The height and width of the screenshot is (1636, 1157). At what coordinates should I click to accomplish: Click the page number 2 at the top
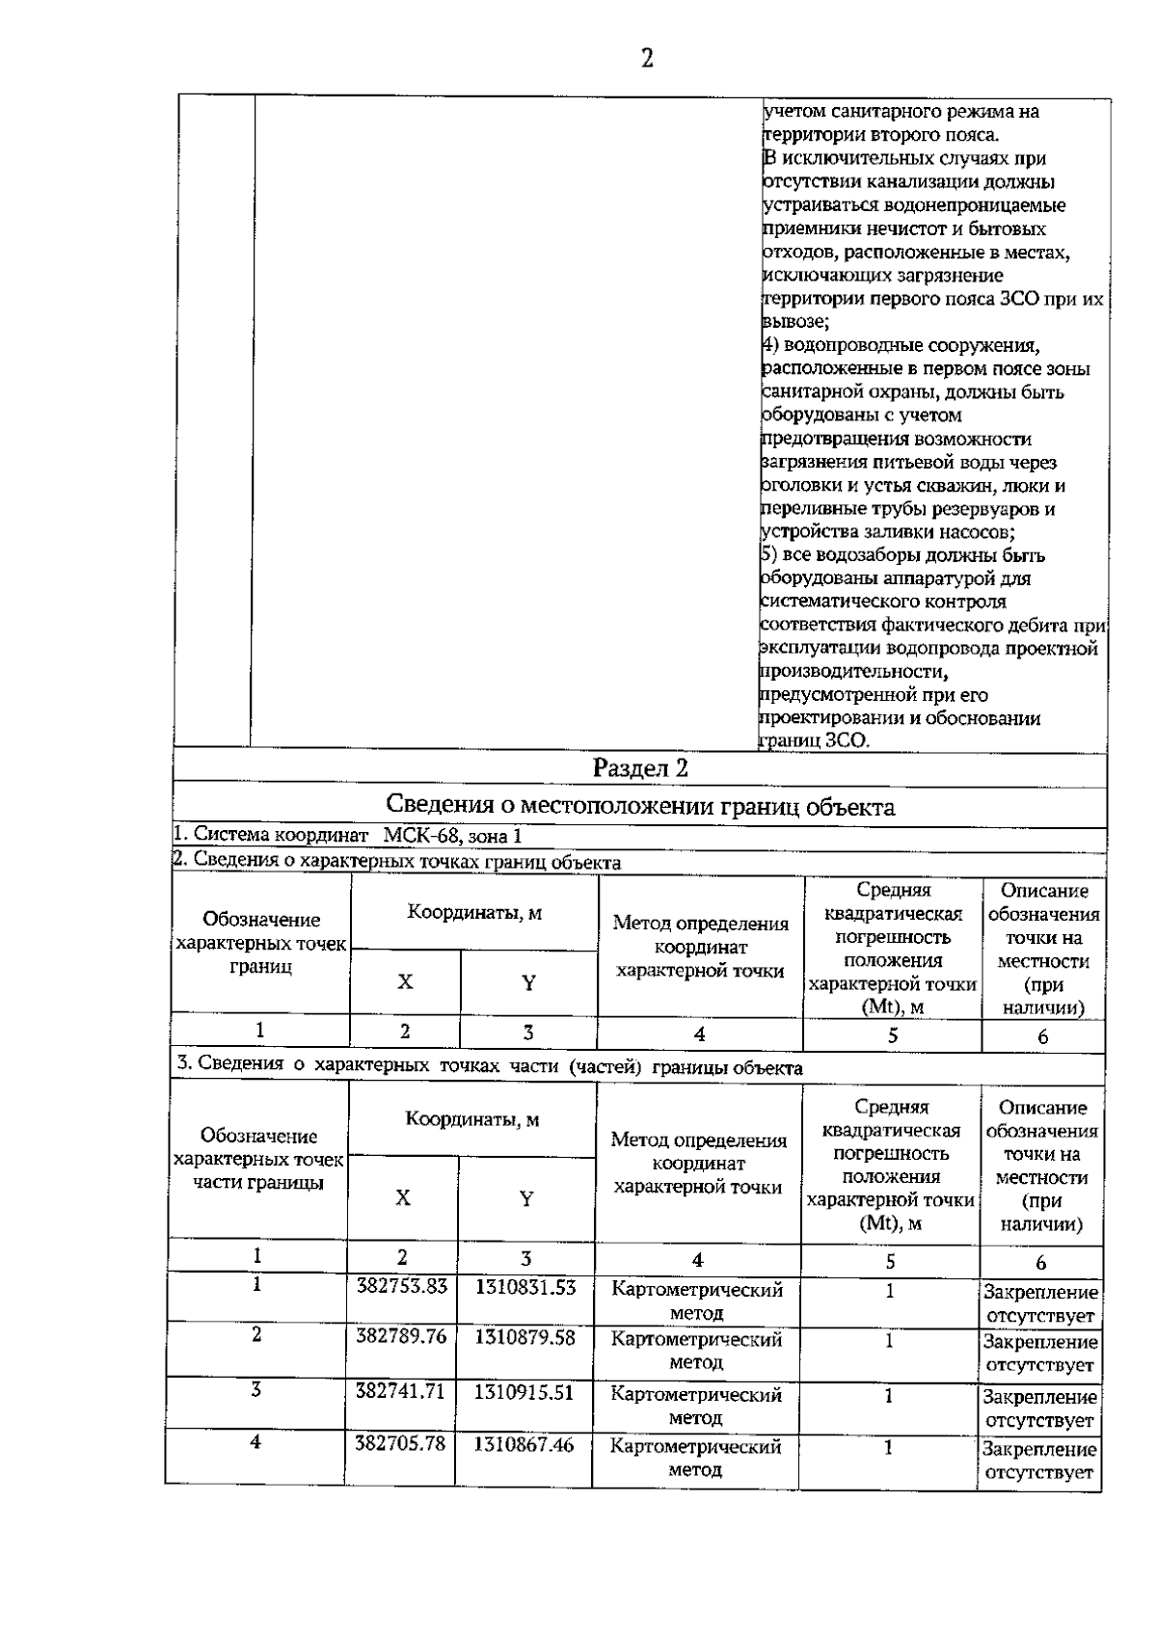[647, 60]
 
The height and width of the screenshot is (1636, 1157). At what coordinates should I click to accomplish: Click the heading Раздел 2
[640, 768]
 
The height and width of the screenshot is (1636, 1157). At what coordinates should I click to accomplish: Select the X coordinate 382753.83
[401, 1287]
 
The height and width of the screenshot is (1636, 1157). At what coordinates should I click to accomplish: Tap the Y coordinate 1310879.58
[525, 1338]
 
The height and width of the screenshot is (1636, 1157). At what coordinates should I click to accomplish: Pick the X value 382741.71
[401, 1392]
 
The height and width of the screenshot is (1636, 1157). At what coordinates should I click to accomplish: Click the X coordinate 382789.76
[401, 1336]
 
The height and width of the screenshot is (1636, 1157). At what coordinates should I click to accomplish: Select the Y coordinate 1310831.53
[525, 1287]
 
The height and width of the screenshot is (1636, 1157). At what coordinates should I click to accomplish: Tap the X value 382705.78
[401, 1444]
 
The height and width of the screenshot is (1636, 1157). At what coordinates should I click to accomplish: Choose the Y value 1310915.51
[525, 1392]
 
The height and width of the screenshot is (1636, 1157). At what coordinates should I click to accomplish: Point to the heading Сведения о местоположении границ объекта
[640, 806]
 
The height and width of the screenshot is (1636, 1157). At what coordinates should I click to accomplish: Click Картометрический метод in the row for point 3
[696, 1406]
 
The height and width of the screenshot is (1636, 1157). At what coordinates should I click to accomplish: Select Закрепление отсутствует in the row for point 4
[1039, 1460]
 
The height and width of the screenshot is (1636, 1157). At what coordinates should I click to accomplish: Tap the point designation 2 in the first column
[256, 1335]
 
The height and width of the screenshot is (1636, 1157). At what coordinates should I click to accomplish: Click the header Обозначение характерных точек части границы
[258, 1160]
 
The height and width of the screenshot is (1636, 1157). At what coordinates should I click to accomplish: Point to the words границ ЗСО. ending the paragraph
[816, 741]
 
